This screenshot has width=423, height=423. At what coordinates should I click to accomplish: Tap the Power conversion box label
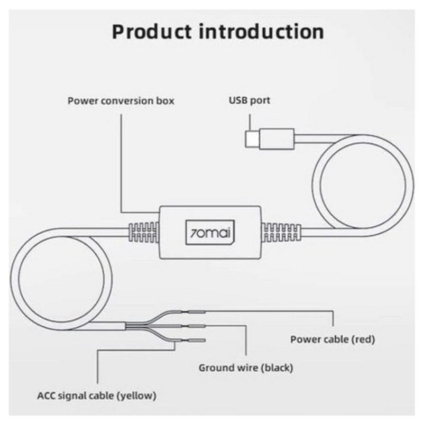click(121, 100)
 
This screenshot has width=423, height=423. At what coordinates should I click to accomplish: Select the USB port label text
click(249, 100)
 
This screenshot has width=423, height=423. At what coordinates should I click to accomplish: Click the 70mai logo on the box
click(211, 232)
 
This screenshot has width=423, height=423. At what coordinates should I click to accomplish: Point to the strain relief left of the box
click(143, 232)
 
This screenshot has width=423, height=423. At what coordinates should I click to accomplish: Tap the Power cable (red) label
click(333, 339)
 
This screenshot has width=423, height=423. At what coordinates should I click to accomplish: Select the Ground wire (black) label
click(245, 367)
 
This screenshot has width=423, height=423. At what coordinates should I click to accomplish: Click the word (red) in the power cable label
click(362, 339)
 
